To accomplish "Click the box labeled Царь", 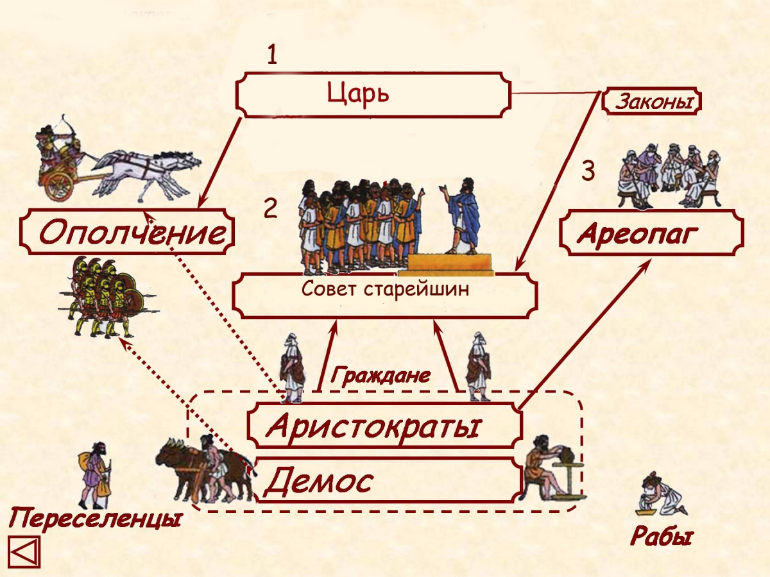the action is point(373,95).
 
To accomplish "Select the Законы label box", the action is point(651,102).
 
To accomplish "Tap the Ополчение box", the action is point(127,231).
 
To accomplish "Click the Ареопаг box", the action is point(651,233).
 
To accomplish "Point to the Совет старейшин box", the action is point(384,296).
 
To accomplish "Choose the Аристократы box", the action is point(384,425).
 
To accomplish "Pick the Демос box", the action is point(388,480).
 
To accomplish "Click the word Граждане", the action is point(381,376).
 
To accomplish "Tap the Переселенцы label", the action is point(95,519).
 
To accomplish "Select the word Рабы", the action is point(662,536).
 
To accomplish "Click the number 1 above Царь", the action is point(272,55).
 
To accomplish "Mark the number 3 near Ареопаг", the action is point(588,171).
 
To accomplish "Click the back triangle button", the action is point(24,552).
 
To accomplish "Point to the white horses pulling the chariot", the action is point(148,175).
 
